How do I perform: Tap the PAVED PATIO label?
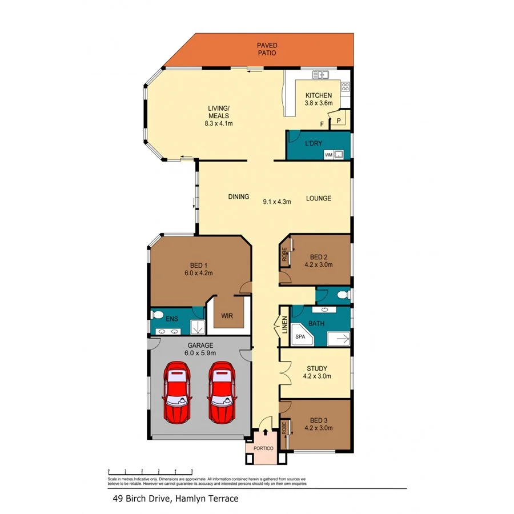266,49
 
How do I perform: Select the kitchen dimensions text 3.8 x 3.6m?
319,103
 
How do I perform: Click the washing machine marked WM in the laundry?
329,154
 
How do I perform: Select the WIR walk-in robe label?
227,315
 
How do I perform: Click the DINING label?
239,197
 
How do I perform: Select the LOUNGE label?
319,199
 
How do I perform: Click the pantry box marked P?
338,121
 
